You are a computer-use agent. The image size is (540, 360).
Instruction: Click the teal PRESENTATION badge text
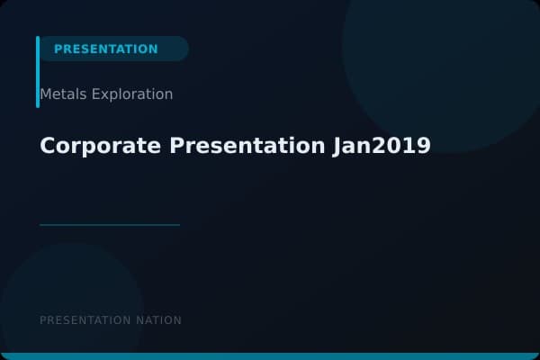click(x=105, y=49)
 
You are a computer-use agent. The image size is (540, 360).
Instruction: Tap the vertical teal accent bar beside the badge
click(x=38, y=72)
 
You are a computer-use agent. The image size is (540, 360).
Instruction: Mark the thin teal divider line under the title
click(x=110, y=225)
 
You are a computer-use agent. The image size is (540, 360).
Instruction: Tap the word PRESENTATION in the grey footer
click(x=85, y=320)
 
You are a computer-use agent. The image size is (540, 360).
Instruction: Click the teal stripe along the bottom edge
click(x=270, y=356)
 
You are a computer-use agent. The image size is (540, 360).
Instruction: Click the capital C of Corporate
click(x=48, y=146)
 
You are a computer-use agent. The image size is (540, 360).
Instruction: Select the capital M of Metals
click(x=45, y=94)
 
